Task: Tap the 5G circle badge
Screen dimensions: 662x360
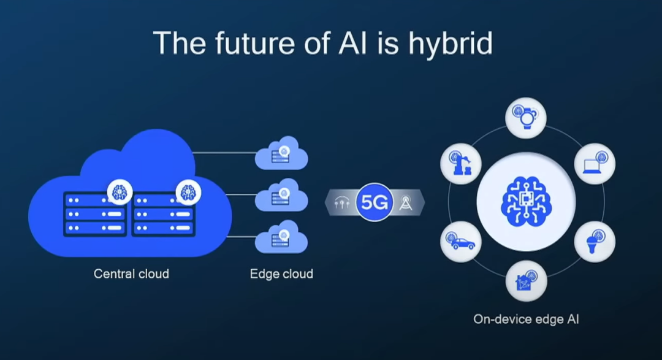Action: (373, 202)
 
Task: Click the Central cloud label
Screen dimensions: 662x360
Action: (131, 274)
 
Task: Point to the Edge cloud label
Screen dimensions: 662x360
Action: (281, 274)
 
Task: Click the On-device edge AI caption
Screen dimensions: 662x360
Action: (526, 319)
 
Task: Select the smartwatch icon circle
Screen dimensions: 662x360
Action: (526, 117)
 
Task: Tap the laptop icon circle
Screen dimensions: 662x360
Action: (595, 164)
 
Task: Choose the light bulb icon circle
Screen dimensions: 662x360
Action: (595, 242)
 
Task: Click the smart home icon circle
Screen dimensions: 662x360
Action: (526, 281)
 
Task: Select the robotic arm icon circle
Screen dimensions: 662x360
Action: (461, 164)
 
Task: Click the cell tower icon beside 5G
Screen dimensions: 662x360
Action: (405, 202)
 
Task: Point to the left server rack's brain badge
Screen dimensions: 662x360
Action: (120, 192)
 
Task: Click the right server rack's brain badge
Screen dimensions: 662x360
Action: (188, 192)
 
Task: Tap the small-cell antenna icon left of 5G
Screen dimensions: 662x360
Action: (341, 202)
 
